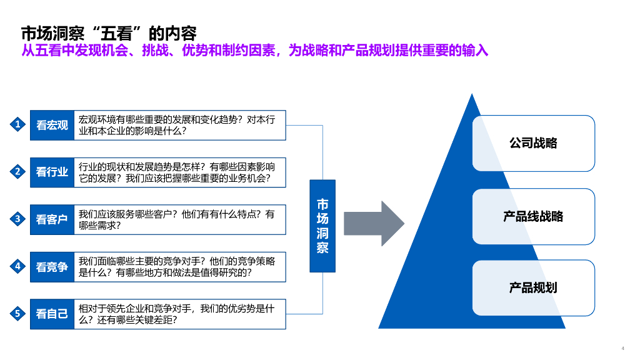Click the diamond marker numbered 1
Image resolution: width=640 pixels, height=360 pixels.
tap(18, 124)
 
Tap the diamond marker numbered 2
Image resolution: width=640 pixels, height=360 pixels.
tap(18, 171)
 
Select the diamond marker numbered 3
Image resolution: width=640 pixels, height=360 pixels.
tap(18, 219)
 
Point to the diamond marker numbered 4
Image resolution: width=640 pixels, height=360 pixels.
tap(18, 266)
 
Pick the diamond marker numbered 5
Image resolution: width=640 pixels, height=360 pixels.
tap(18, 313)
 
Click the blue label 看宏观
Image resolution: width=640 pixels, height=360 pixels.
tap(52, 125)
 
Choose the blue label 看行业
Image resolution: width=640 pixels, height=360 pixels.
tap(52, 172)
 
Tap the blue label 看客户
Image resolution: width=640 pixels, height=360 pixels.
tap(52, 219)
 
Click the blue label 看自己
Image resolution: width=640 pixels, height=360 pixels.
tap(52, 314)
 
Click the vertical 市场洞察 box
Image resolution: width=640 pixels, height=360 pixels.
tap(322, 226)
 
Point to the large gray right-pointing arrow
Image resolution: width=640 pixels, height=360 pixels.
tap(374, 224)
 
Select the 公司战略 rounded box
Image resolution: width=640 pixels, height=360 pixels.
tap(533, 143)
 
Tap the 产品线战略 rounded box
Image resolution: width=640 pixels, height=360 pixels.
tap(533, 216)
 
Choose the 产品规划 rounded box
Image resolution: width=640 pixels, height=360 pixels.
tap(533, 287)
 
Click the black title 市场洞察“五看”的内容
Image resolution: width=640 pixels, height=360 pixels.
tap(109, 32)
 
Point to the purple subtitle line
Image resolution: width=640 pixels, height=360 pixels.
tap(254, 51)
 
